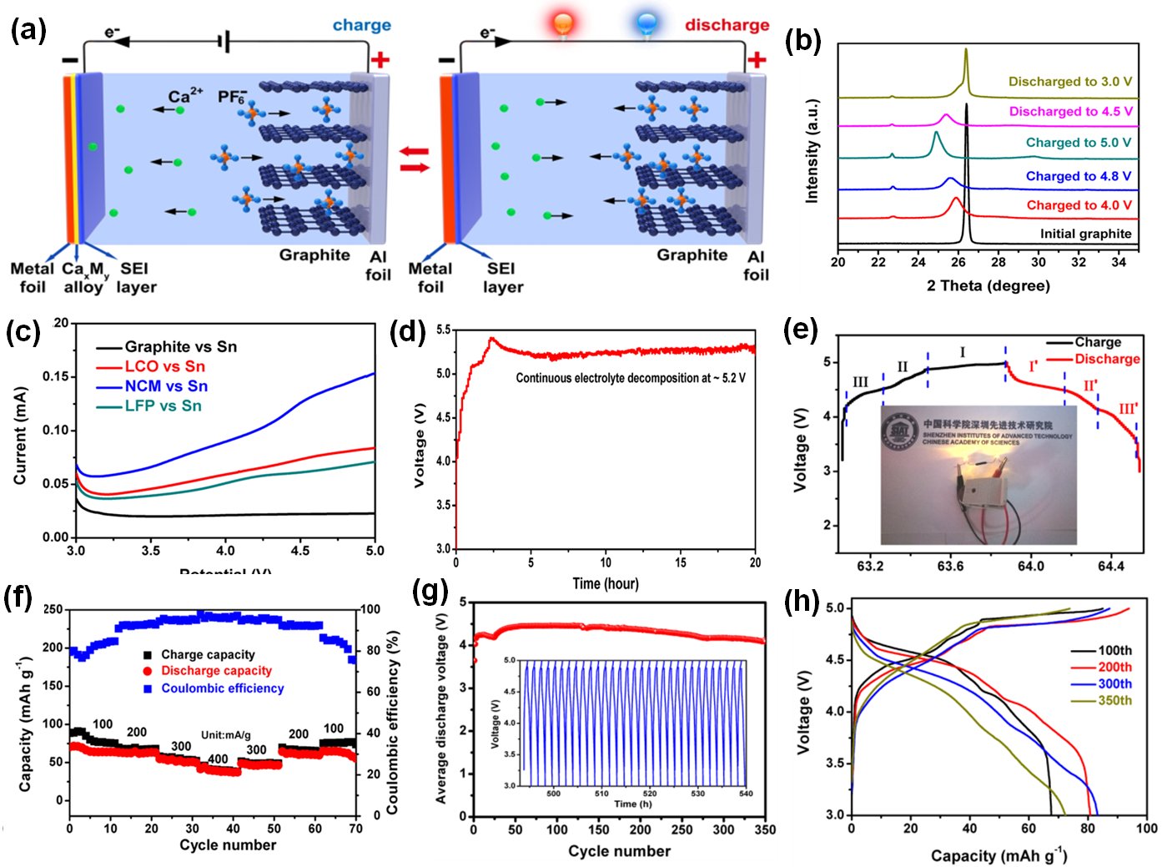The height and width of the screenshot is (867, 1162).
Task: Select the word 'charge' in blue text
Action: [361, 25]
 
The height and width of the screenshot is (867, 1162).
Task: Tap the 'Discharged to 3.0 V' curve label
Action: [1069, 82]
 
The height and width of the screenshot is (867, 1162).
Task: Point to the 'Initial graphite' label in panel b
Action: [1085, 234]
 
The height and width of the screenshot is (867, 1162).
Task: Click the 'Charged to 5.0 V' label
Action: [1078, 143]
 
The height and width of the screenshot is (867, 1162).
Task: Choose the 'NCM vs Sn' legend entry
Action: [165, 386]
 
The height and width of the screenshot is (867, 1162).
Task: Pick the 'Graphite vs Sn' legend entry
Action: [180, 347]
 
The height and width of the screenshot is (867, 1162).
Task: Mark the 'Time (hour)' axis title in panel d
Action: [606, 583]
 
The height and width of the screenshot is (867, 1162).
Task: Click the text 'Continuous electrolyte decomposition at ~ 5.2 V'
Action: [630, 378]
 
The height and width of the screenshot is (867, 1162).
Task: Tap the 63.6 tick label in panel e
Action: [950, 566]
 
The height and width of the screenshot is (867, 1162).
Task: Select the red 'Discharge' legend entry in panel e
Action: [1106, 359]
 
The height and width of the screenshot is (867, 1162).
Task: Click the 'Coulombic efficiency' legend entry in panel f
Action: [222, 688]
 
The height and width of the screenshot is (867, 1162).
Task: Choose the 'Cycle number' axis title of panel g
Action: [619, 851]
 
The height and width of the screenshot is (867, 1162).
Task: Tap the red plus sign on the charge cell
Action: [380, 59]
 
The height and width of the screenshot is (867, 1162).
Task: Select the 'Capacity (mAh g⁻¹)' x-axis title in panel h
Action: [999, 855]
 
